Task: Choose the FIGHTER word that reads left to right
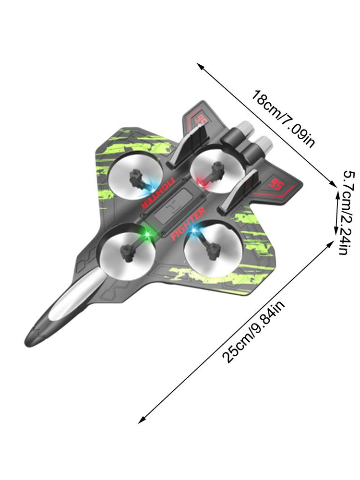(189, 224)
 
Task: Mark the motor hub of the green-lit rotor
(129, 250)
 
